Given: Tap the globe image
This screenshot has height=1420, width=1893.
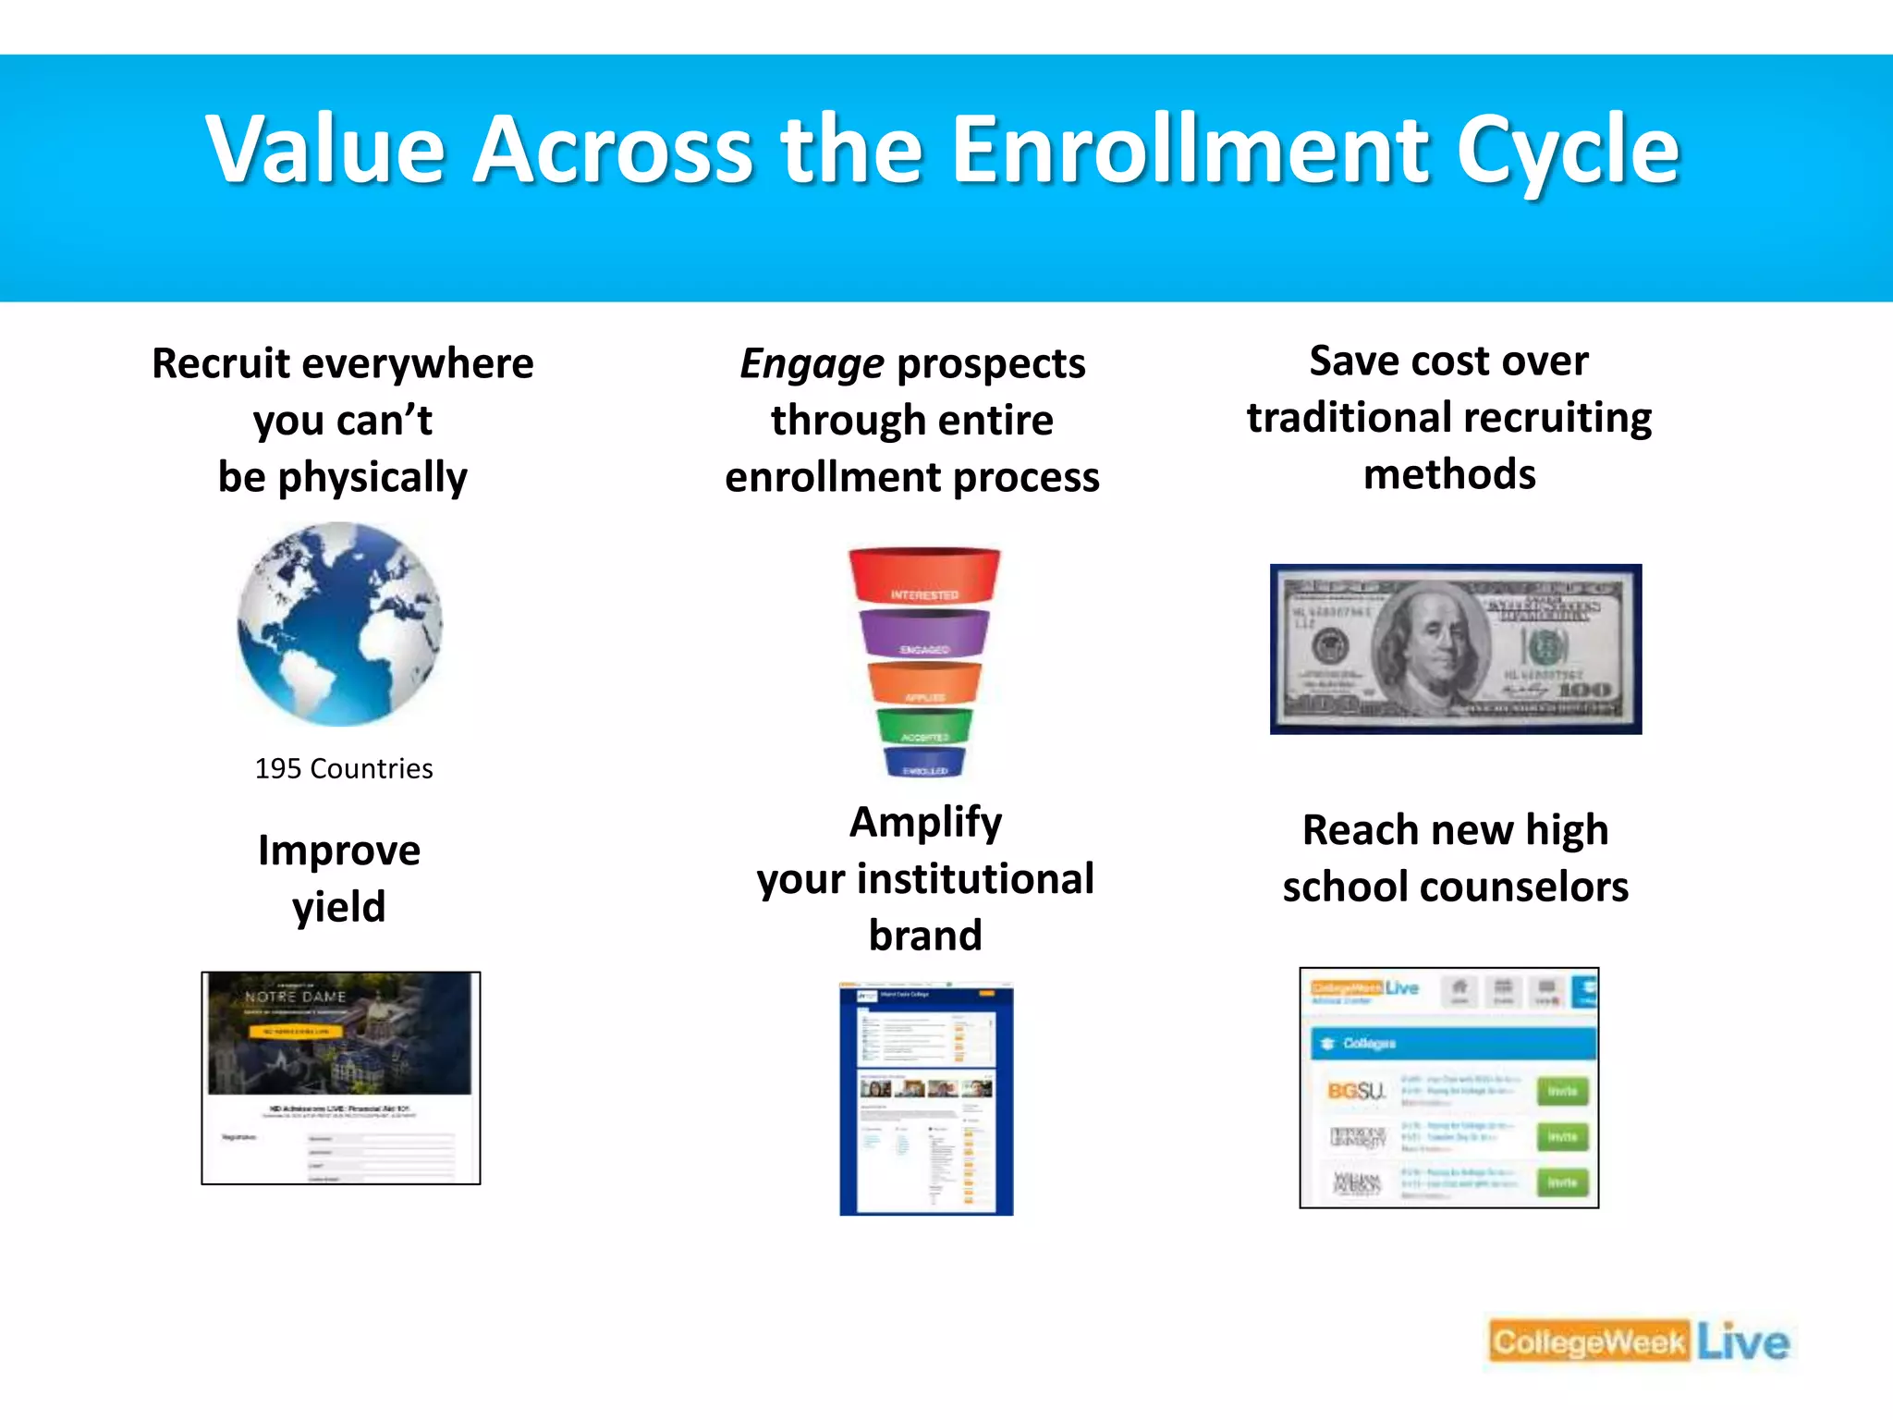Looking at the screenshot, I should click(340, 624).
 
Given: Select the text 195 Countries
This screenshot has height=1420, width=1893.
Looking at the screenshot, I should click(344, 768).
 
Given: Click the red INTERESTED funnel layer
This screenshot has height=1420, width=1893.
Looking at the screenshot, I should click(924, 577).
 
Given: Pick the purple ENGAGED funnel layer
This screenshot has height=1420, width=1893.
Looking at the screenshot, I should click(924, 634).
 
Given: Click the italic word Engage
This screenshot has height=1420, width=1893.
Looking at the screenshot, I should click(812, 363).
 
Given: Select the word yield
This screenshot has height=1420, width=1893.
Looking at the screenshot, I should click(338, 907).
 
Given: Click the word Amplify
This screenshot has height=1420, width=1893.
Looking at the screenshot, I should click(925, 822).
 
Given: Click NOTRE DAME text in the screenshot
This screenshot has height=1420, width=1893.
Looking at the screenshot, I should click(296, 997).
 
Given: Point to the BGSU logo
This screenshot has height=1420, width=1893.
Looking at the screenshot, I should click(1356, 1091).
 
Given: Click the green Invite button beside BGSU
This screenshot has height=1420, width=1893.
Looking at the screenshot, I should click(1562, 1091).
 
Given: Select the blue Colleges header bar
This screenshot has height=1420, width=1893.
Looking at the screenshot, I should click(1451, 1043).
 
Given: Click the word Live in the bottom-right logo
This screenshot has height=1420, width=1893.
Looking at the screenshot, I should click(1743, 1342).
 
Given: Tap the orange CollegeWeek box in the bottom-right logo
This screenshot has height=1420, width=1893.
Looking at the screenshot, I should click(1589, 1342).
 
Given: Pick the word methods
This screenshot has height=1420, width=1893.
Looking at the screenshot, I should click(1449, 474).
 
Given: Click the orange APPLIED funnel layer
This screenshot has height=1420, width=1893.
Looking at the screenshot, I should click(924, 684).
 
